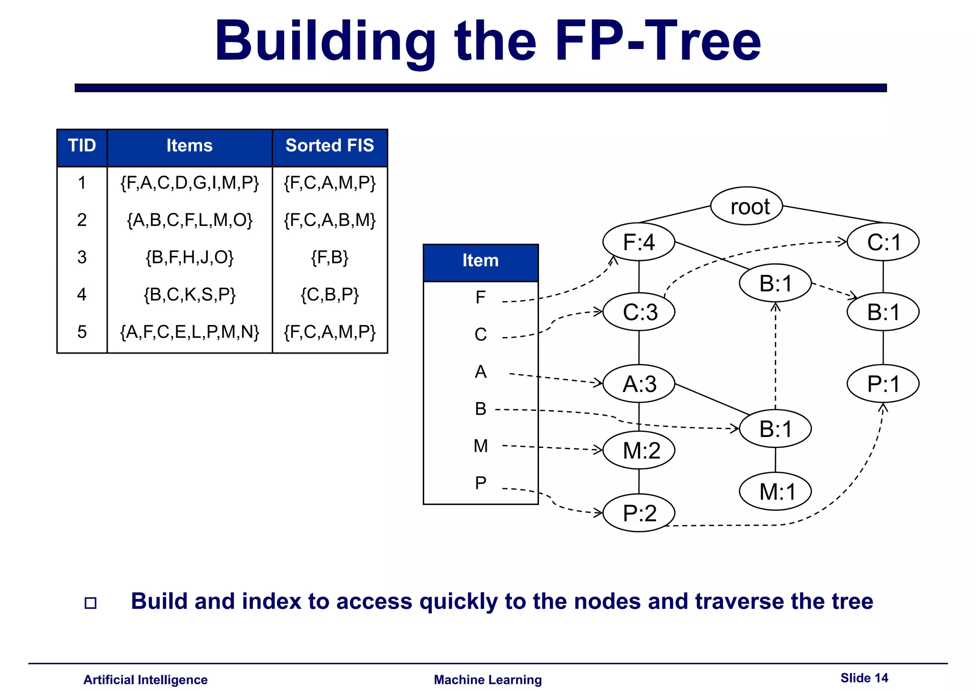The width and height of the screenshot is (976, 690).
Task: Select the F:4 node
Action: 639,242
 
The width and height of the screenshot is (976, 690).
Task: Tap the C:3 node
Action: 639,312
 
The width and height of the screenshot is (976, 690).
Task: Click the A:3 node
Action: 639,384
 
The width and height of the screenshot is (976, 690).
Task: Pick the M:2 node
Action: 639,450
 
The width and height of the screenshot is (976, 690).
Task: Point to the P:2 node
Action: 639,513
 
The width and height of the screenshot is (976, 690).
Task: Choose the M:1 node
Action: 775,492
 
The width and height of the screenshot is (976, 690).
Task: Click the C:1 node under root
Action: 883,242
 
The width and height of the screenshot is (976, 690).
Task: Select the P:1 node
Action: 883,384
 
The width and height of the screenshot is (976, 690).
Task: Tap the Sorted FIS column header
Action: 330,146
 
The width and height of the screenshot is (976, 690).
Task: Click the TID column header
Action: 82,146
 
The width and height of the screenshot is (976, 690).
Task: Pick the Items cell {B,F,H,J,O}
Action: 190,257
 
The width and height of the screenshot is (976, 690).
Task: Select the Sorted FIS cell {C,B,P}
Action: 330,294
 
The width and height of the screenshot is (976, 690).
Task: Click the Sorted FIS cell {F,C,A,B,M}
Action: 330,220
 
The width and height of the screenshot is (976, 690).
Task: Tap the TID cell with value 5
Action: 82,332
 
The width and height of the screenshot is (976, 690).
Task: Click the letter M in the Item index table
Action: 481,446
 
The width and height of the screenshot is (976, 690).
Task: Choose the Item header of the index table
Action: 480,261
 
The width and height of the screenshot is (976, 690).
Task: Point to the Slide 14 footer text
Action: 864,678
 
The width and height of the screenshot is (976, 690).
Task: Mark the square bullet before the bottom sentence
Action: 91,603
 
